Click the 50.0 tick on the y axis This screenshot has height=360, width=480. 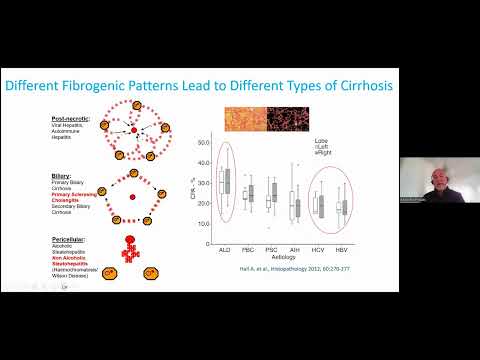(x=203, y=141)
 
